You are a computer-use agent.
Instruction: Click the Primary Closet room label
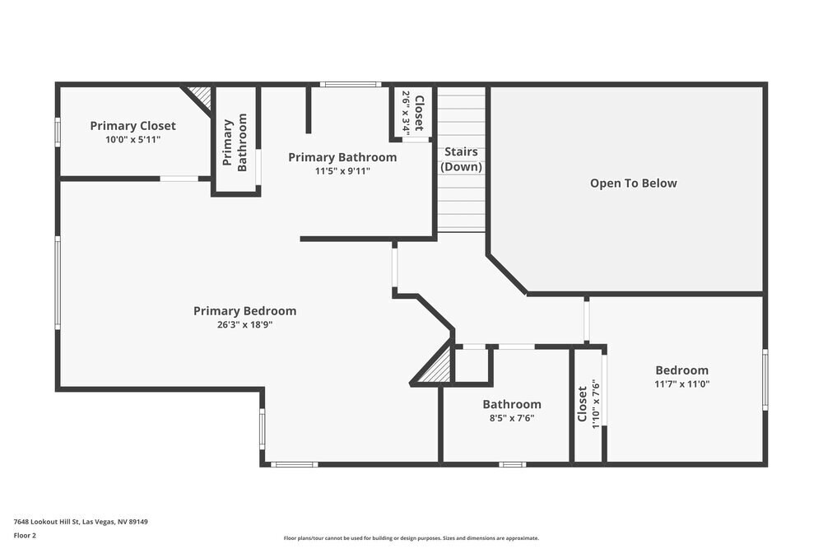pyautogui.click(x=133, y=126)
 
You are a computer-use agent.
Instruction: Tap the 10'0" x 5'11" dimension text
pyautogui.click(x=133, y=140)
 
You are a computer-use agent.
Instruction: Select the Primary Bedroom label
pyautogui.click(x=244, y=311)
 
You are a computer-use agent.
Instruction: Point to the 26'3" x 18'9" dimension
pyautogui.click(x=244, y=324)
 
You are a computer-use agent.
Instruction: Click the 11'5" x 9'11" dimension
pyautogui.click(x=342, y=171)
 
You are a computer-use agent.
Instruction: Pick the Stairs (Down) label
pyautogui.click(x=461, y=159)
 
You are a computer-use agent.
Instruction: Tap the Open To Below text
pyautogui.click(x=633, y=184)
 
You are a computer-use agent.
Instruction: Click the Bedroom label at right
pyautogui.click(x=681, y=370)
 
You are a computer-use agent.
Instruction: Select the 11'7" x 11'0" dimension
pyautogui.click(x=681, y=384)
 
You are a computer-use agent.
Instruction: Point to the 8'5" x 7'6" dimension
pyautogui.click(x=511, y=417)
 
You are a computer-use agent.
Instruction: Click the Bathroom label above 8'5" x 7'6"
pyautogui.click(x=511, y=404)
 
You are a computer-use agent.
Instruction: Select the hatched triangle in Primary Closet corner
pyautogui.click(x=200, y=95)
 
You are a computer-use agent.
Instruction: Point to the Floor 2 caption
pyautogui.click(x=25, y=535)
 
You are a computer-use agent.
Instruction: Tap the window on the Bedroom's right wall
pyautogui.click(x=765, y=379)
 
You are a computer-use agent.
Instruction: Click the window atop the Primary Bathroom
pyautogui.click(x=350, y=84)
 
